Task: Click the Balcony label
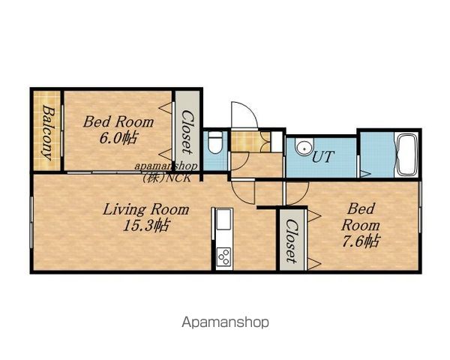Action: point(47,133)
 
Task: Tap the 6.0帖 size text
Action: point(118,138)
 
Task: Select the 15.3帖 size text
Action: point(145,225)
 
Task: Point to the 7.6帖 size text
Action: point(361,241)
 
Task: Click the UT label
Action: point(322,157)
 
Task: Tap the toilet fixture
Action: point(215,142)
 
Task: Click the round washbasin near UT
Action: point(304,147)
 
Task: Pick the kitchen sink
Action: point(223,219)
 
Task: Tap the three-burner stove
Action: point(223,257)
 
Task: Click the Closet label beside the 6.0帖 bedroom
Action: point(187,132)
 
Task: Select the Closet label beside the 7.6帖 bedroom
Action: point(292,241)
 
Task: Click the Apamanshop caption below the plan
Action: point(225,322)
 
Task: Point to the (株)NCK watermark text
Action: point(166,178)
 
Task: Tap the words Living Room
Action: point(145,209)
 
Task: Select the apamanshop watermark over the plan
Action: point(166,166)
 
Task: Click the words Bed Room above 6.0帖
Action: point(118,122)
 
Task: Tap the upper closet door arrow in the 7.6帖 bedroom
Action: point(313,215)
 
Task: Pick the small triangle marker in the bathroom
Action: point(365,174)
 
